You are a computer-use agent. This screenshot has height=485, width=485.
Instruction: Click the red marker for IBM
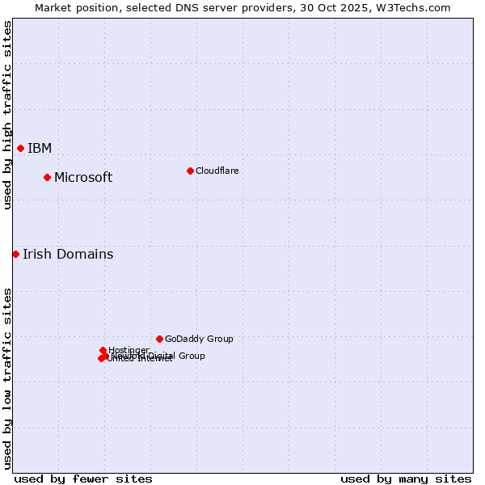click(20, 148)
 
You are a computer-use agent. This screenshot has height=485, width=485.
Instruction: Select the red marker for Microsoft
click(47, 177)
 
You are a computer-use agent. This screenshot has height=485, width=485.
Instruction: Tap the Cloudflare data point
click(190, 171)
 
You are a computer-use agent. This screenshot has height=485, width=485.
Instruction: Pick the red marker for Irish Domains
click(15, 254)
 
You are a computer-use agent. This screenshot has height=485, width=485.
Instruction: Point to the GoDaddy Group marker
click(159, 339)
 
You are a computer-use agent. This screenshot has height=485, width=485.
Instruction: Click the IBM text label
click(40, 148)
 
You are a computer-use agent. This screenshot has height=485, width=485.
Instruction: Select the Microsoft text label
click(83, 177)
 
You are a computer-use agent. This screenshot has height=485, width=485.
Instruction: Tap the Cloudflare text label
click(217, 171)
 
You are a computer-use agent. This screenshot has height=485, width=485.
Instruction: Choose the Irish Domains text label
click(68, 254)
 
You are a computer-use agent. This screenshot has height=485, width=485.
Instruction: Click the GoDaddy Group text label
click(199, 339)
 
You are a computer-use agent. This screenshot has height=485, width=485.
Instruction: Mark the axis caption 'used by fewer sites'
click(83, 479)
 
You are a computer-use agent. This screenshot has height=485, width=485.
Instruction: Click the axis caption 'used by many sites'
click(406, 479)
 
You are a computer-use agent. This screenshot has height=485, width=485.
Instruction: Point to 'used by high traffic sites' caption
click(7, 115)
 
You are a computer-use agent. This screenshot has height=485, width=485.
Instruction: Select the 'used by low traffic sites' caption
click(7, 378)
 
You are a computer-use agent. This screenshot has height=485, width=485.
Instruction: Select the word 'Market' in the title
click(53, 7)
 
